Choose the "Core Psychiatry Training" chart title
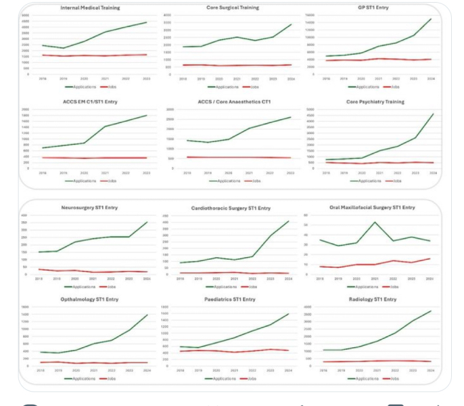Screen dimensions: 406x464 coord(375,102)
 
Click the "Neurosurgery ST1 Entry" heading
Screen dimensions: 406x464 coord(89,208)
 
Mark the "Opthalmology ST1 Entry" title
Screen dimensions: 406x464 coord(89,300)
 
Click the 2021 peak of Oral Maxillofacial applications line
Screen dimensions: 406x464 coord(375,222)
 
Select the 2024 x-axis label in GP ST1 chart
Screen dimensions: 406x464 coord(431,79)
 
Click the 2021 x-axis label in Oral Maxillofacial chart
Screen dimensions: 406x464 coord(375,278)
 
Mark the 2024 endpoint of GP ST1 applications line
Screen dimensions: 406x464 coord(431,19)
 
